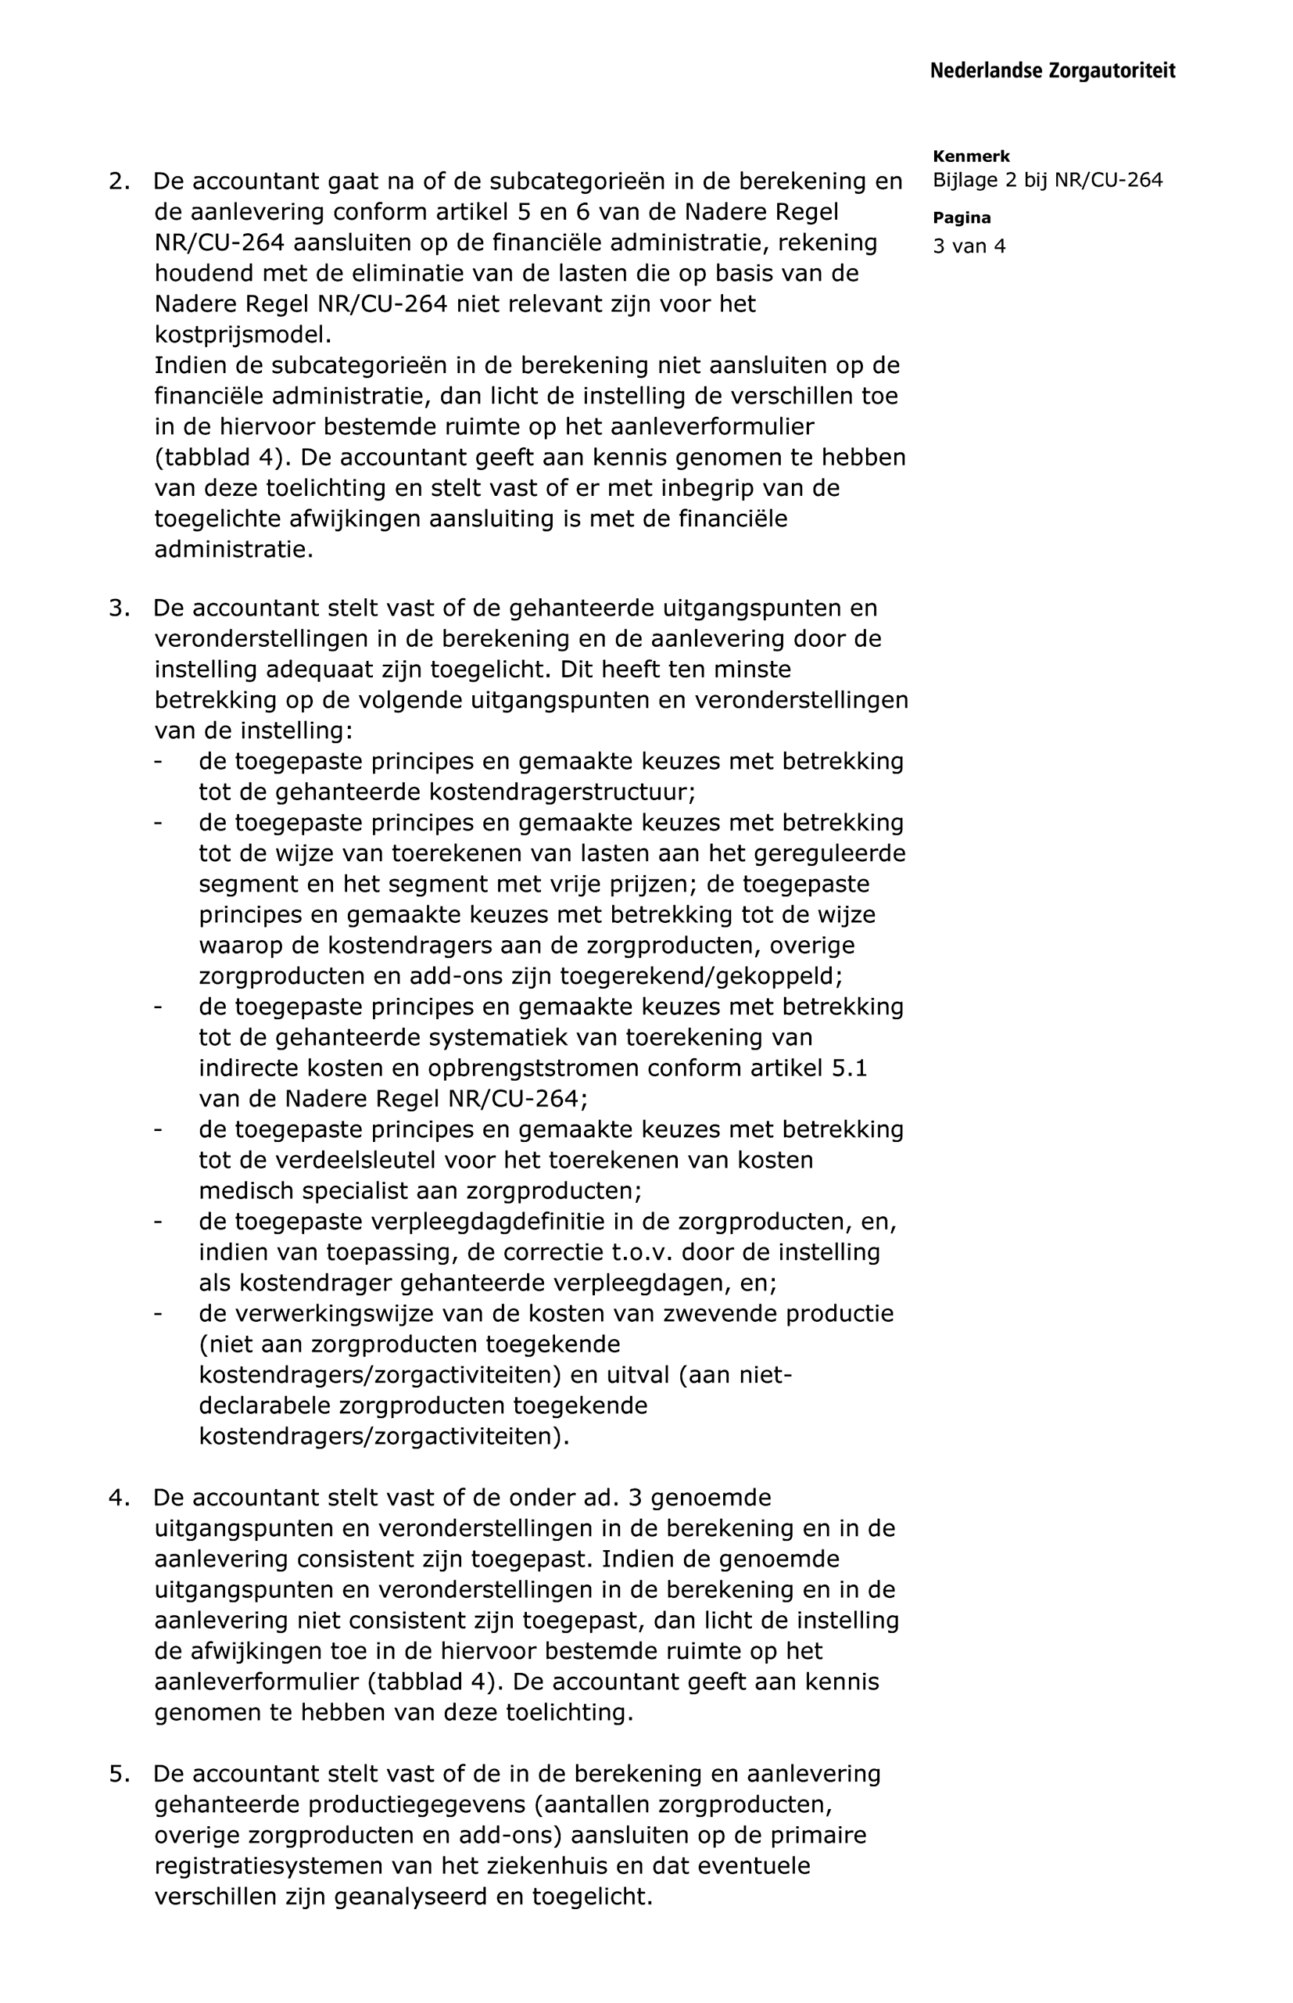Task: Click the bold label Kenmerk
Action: coord(972,156)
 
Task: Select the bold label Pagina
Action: coord(962,218)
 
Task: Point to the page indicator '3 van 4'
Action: coord(969,246)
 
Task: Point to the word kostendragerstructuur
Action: coord(562,792)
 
